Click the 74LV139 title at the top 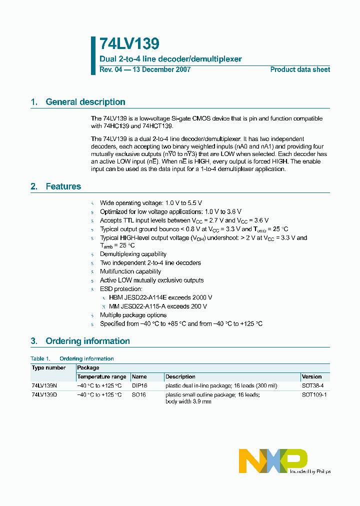click(129, 44)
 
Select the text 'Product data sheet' click(300, 69)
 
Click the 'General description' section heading click(85, 102)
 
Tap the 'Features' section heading click(63, 186)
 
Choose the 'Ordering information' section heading click(87, 341)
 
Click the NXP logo click(273, 460)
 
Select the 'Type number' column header click(48, 367)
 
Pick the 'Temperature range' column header click(101, 376)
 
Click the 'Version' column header click(312, 376)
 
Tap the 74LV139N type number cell click(44, 386)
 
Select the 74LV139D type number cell click(44, 394)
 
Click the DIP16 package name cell click(139, 386)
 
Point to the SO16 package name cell click(138, 394)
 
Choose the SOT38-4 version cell click(313, 386)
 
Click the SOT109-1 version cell click(314, 394)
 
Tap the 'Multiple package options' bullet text click(133, 315)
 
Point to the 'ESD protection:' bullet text click(121, 289)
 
